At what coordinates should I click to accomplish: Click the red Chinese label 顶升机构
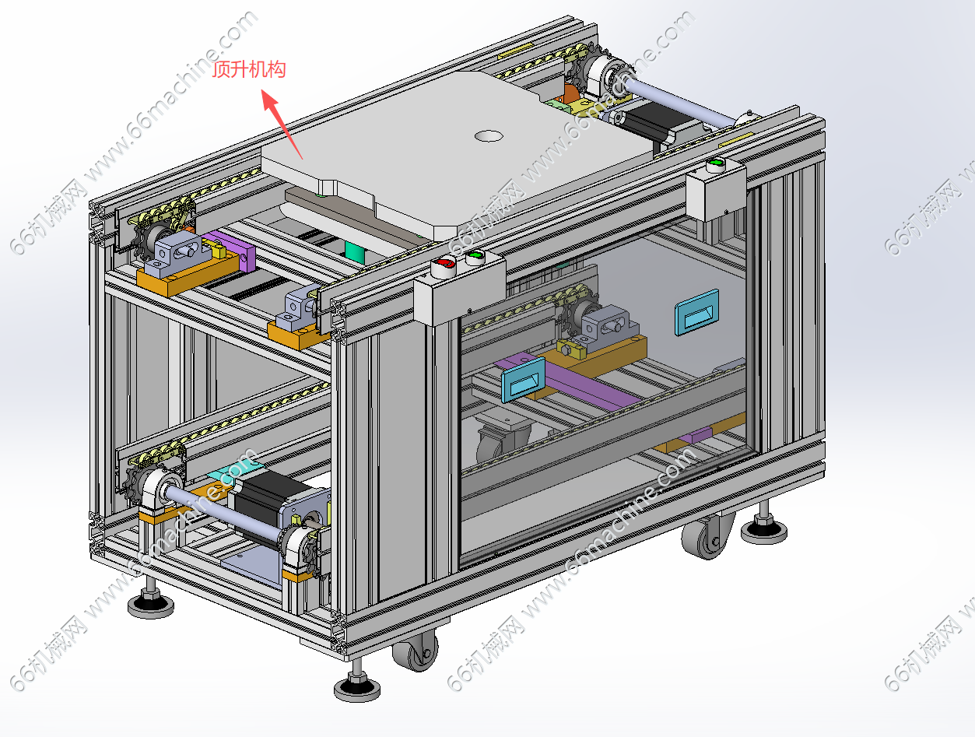click(249, 70)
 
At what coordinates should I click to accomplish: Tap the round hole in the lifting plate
click(489, 135)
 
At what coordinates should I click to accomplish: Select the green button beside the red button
click(475, 256)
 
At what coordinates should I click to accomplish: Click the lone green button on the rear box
click(715, 163)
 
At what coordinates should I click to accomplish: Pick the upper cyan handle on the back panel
click(697, 312)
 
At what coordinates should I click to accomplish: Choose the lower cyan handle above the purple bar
click(523, 380)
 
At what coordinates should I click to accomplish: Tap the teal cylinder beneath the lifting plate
click(355, 253)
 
